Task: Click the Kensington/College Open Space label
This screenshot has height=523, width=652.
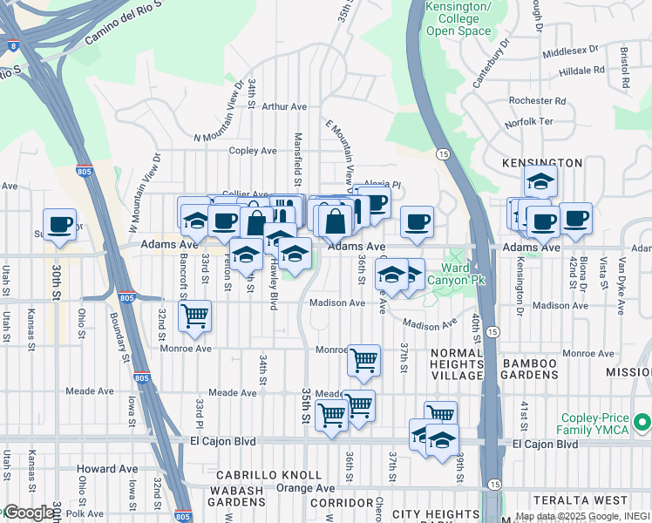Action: tap(452, 18)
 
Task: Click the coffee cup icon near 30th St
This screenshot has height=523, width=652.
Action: tap(59, 224)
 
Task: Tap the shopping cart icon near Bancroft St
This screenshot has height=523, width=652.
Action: tap(194, 315)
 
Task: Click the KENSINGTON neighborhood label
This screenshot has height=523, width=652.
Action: tap(542, 163)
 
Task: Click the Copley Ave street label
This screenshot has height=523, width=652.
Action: tap(253, 151)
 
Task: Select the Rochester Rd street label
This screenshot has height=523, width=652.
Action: tap(538, 100)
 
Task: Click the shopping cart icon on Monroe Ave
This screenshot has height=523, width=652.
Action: tap(363, 358)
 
